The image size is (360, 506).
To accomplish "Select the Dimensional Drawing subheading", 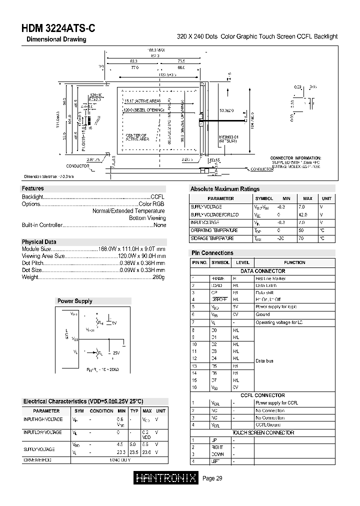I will click(x=56, y=39).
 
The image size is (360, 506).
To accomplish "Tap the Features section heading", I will click(x=32, y=188).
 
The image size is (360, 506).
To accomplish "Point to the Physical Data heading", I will click(x=39, y=242).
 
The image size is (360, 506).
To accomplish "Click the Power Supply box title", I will click(x=74, y=301).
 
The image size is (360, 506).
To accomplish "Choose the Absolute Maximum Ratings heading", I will click(x=224, y=189).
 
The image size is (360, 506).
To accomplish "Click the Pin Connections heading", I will click(x=212, y=253).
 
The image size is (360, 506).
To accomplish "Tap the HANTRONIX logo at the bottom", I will click(x=167, y=478).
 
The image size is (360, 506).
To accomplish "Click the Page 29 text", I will click(x=212, y=478).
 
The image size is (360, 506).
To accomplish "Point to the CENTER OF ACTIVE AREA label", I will click(x=136, y=137).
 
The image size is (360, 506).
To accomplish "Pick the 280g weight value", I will click(x=158, y=277).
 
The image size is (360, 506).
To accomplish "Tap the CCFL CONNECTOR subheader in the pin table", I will click(x=262, y=395).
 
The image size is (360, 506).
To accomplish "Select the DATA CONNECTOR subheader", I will click(x=262, y=271).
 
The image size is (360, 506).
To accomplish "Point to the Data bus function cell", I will click(x=264, y=360).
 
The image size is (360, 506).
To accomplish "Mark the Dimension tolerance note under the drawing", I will click(x=49, y=176).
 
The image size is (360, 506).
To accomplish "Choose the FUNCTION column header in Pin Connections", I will click(x=294, y=262).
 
